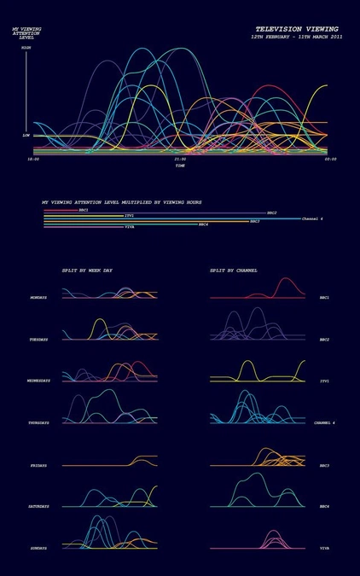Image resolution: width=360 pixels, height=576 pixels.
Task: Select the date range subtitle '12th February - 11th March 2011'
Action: point(297,38)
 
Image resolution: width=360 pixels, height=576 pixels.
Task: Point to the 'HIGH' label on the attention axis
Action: point(26,48)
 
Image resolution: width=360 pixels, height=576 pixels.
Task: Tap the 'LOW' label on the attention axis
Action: point(26,135)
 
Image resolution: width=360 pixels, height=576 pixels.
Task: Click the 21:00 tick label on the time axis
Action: point(180,159)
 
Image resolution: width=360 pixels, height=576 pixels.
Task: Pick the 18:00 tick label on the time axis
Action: point(33,159)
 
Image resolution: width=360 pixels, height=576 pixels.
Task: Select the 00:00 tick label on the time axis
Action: point(329,159)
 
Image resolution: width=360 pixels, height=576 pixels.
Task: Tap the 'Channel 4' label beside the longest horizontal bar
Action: point(312,218)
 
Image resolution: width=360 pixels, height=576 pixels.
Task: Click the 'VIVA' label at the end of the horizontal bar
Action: point(130,227)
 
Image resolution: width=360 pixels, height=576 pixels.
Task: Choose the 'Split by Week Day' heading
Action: point(87,270)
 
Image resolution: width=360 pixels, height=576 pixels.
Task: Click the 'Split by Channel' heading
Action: point(234,270)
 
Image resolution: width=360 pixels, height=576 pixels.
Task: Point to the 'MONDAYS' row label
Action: point(38,298)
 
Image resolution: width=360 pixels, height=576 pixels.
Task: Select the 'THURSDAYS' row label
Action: point(38,422)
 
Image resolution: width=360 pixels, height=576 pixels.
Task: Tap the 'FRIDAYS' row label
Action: point(38,465)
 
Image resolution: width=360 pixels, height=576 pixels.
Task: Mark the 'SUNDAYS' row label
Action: point(38,548)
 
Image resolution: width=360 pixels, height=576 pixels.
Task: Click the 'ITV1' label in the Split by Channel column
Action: point(324,381)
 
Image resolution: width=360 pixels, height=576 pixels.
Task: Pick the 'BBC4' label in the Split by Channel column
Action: point(324,506)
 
